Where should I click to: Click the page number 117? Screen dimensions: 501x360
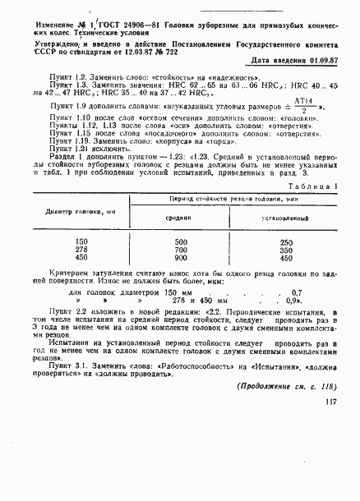[x=332, y=471]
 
